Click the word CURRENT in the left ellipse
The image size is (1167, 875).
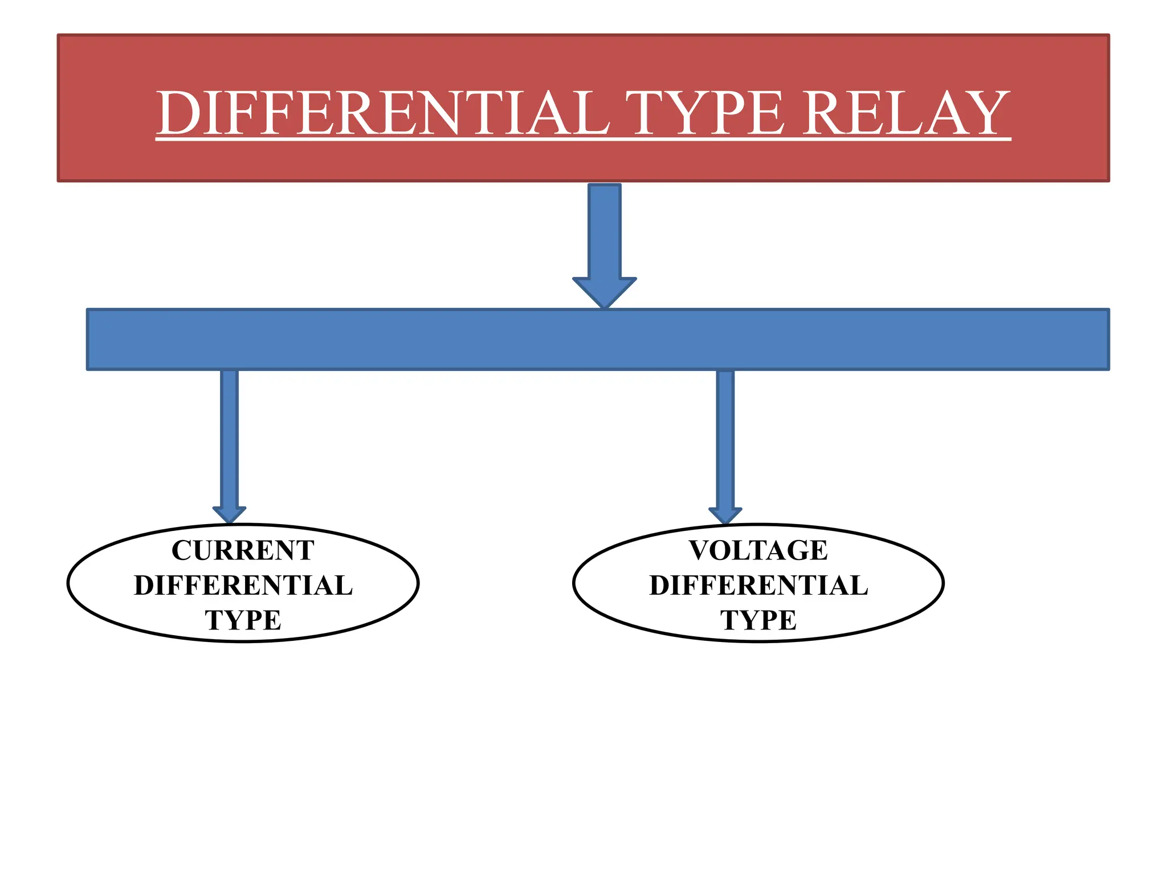point(243,550)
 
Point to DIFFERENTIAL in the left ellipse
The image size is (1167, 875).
point(243,586)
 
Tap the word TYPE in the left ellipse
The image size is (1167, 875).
point(243,620)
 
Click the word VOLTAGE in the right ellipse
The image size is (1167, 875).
point(758,550)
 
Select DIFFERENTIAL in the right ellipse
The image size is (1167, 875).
point(758,586)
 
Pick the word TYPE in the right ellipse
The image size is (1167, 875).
point(758,620)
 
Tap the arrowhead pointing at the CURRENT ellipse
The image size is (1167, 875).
point(229,514)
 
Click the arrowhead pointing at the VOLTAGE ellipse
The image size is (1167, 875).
point(725,514)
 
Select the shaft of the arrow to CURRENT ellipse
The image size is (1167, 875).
point(229,439)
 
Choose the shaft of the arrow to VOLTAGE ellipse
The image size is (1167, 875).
point(725,439)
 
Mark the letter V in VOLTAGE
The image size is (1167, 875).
point(702,550)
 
